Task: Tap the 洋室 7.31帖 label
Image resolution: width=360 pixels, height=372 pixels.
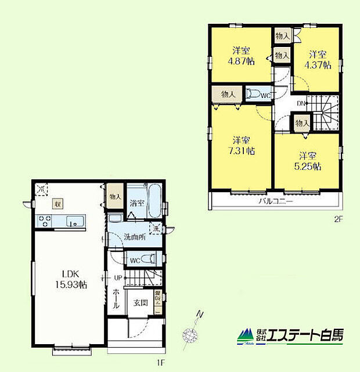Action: tap(242, 146)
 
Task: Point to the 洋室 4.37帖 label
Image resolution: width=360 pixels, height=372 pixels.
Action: tap(319, 60)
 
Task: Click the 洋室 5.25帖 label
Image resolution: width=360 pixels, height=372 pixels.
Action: tap(308, 161)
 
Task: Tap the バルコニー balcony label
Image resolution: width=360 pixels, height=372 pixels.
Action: tap(275, 202)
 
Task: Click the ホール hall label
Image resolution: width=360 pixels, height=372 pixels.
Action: tap(116, 299)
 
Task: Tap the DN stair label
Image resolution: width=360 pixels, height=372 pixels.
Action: tap(301, 104)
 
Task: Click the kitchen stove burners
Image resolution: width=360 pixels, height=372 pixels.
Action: tap(45, 221)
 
